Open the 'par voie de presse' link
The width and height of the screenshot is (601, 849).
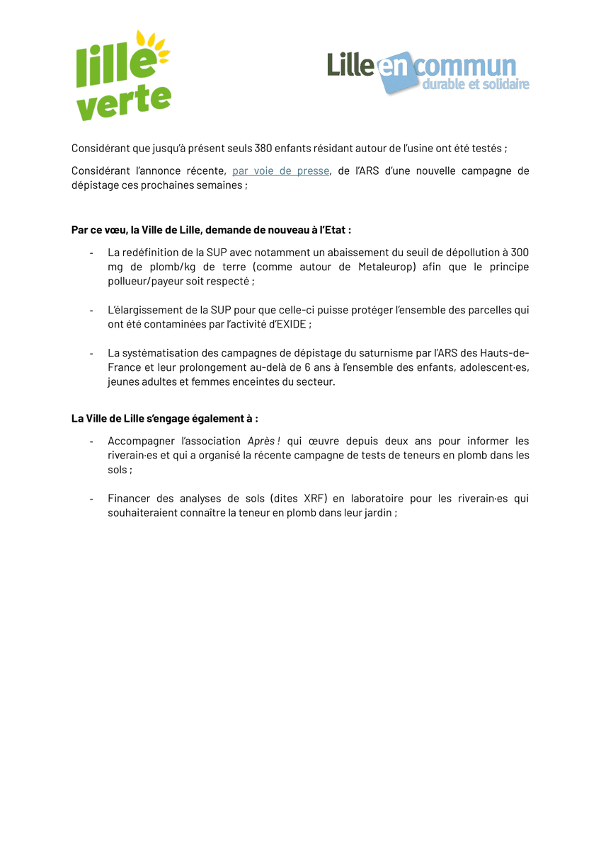(x=280, y=171)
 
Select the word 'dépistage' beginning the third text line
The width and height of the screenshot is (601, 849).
(x=94, y=185)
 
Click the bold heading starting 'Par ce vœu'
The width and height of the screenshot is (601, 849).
(x=211, y=230)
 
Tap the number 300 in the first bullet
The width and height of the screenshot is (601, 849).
(x=519, y=253)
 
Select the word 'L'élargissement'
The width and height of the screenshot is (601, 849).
(x=143, y=310)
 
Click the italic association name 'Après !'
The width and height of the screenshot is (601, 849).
(x=264, y=441)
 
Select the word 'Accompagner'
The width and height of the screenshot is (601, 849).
(x=139, y=441)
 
